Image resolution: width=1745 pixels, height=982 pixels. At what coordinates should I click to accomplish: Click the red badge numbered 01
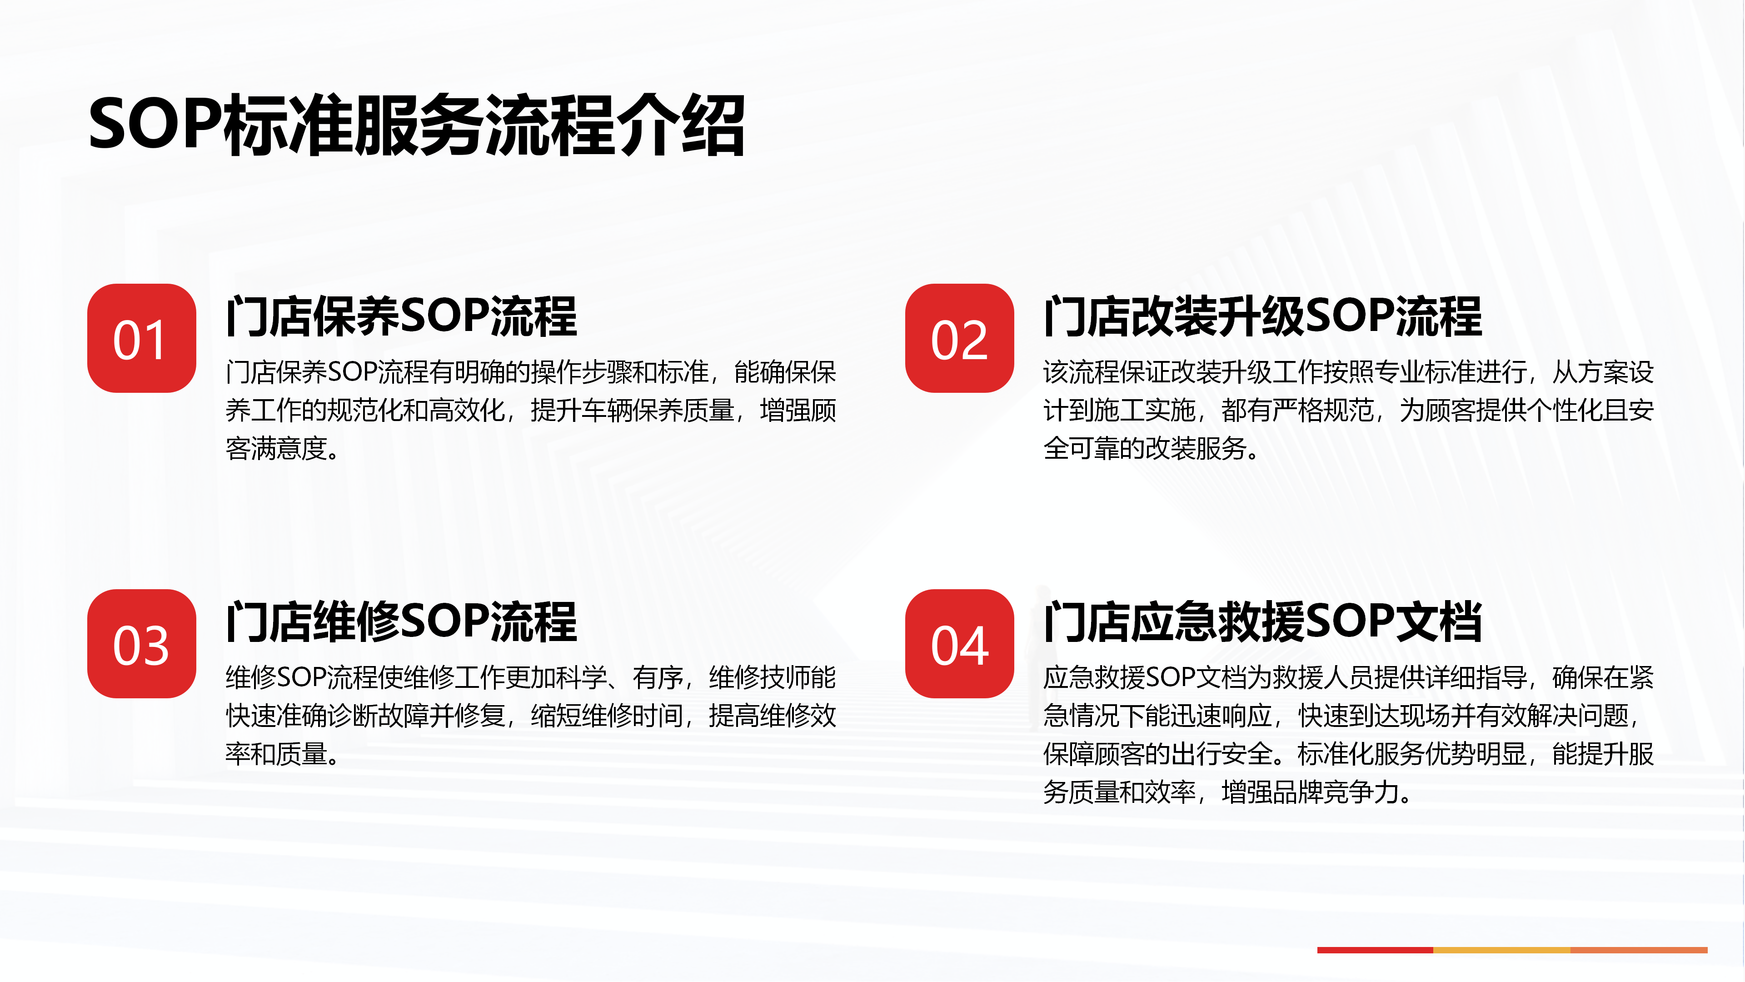coord(142,338)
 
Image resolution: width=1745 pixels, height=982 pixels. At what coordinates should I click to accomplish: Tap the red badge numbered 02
coord(959,338)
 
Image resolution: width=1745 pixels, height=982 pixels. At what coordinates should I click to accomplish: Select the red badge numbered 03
coord(142,644)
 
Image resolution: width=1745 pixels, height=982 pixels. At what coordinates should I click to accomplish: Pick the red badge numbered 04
coord(959,644)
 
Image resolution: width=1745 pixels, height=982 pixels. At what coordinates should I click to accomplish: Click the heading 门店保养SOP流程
coord(401,316)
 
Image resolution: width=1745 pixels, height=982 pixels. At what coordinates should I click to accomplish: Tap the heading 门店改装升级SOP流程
coord(1263,316)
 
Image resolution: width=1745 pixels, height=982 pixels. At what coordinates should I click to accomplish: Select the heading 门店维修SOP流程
coord(401,621)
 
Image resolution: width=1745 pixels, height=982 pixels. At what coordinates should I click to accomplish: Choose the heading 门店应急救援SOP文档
coord(1263,621)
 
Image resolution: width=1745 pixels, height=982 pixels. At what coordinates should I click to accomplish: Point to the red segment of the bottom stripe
coord(1375,950)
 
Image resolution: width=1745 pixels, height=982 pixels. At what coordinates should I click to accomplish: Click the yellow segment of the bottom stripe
coord(1502,950)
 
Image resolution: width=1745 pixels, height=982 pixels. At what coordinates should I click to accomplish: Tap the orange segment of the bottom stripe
coord(1639,950)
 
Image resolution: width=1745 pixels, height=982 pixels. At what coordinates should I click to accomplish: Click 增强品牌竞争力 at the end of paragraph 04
coord(1311,792)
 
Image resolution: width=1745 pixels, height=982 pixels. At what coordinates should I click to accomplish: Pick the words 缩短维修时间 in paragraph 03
coord(607,716)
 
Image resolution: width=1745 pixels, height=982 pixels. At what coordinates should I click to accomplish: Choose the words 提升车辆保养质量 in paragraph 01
coord(633,411)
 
